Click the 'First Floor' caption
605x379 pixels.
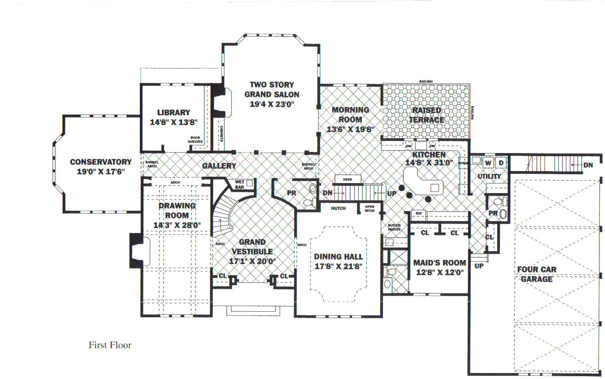pyautogui.click(x=110, y=345)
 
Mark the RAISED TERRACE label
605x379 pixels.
pyautogui.click(x=426, y=115)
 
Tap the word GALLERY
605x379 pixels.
pyautogui.click(x=219, y=166)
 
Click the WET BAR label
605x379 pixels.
pyautogui.click(x=239, y=184)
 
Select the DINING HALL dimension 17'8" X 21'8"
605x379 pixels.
pyautogui.click(x=339, y=266)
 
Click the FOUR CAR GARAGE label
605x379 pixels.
pyautogui.click(x=536, y=274)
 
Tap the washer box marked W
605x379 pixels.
pyautogui.click(x=488, y=163)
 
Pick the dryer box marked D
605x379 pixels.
pyautogui.click(x=501, y=163)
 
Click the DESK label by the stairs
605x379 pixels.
pyautogui.click(x=348, y=179)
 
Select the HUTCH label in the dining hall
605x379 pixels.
pyautogui.click(x=339, y=208)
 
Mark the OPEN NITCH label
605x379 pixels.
pyautogui.click(x=369, y=209)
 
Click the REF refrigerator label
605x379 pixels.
pyautogui.click(x=419, y=214)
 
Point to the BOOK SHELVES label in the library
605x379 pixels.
pyautogui.click(x=195, y=139)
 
